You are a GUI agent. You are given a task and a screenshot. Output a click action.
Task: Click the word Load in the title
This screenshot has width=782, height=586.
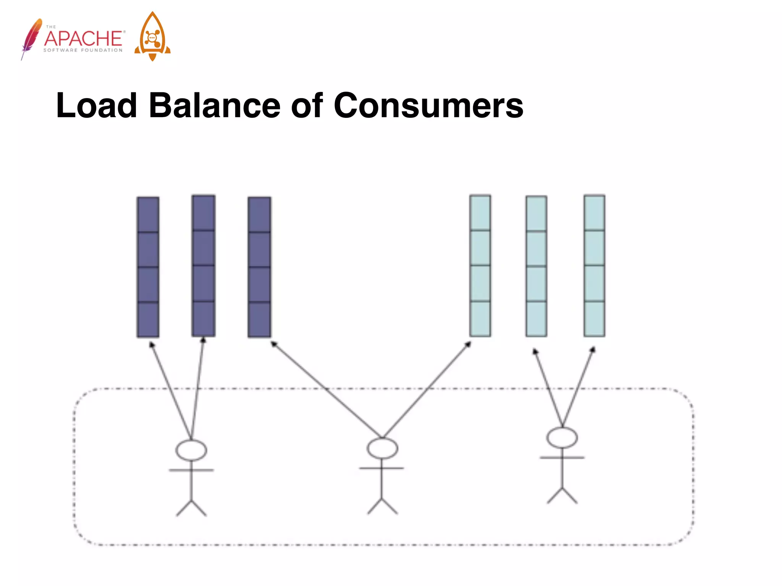[x=96, y=106]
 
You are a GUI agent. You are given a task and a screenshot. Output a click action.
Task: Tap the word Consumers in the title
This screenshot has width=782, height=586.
[x=428, y=106]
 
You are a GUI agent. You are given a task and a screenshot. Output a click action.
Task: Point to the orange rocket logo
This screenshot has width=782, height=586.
[x=152, y=37]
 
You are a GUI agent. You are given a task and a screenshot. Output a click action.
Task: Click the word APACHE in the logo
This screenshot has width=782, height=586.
[x=84, y=39]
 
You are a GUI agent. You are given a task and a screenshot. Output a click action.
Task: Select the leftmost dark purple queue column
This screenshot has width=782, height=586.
[x=148, y=267]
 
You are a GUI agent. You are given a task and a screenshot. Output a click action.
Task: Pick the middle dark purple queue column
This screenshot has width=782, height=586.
[x=204, y=266]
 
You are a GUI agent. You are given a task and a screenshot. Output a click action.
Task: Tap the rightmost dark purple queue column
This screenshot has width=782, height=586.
[x=259, y=267]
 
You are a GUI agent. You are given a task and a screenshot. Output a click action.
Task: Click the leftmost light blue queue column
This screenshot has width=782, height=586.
[x=480, y=266]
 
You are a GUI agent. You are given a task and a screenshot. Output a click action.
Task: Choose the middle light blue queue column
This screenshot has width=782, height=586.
[x=536, y=266]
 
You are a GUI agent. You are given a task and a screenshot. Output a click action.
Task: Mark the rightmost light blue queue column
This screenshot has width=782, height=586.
[x=594, y=266]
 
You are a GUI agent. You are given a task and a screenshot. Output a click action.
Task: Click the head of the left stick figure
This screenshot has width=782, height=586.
[x=191, y=450]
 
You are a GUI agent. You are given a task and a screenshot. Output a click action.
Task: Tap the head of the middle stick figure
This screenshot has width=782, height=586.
[x=382, y=448]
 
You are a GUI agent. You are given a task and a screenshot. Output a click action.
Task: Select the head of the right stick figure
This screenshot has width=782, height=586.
[x=562, y=438]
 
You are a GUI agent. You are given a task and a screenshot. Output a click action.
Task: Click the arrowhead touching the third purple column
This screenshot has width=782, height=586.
[x=274, y=344]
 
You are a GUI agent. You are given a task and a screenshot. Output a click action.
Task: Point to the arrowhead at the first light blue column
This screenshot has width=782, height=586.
[x=468, y=345]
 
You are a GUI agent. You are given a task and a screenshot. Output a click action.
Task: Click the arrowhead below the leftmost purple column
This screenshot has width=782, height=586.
[x=152, y=345]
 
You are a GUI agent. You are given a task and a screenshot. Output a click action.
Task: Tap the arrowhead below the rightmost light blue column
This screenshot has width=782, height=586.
[x=593, y=349]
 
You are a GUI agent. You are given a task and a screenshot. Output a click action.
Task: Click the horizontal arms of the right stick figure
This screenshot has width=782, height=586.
[x=562, y=457]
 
